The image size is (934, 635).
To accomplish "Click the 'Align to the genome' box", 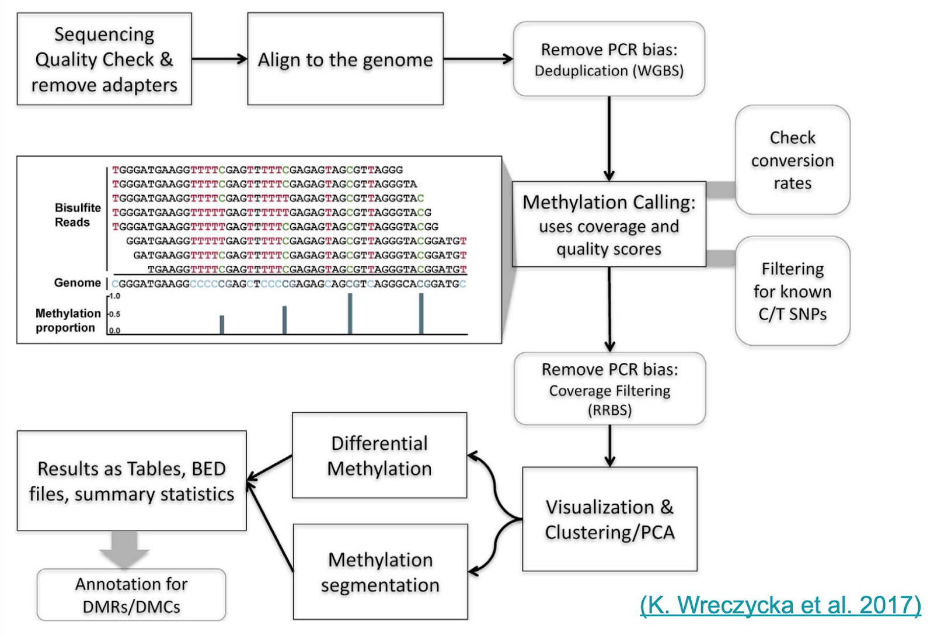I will (345, 59).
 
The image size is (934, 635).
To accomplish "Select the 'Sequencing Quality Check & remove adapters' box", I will (104, 59).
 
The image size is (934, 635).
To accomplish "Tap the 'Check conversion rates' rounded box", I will (792, 160).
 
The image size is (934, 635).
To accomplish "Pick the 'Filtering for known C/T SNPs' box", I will (792, 291).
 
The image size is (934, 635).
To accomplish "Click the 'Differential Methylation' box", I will (379, 456).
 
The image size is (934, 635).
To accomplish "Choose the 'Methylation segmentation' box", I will (380, 572).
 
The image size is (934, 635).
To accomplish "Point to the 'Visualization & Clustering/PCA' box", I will (609, 519).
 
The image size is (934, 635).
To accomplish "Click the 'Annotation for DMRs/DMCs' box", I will (131, 595).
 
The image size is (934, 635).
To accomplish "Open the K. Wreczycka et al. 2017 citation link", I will (780, 605).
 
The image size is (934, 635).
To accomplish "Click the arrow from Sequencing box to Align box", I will (219, 58).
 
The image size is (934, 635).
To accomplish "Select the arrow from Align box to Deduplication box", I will (478, 58).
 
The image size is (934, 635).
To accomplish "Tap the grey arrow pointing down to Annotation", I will (124, 549).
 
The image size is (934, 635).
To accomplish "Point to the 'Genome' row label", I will (77, 283).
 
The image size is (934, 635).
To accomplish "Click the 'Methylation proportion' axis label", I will (68, 320).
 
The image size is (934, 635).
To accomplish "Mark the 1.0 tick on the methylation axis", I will (114, 296).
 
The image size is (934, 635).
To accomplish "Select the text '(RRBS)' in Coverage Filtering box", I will (609, 410).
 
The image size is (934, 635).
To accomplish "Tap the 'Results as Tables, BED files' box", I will (131, 481).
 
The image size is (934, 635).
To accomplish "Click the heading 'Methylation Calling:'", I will (609, 202).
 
